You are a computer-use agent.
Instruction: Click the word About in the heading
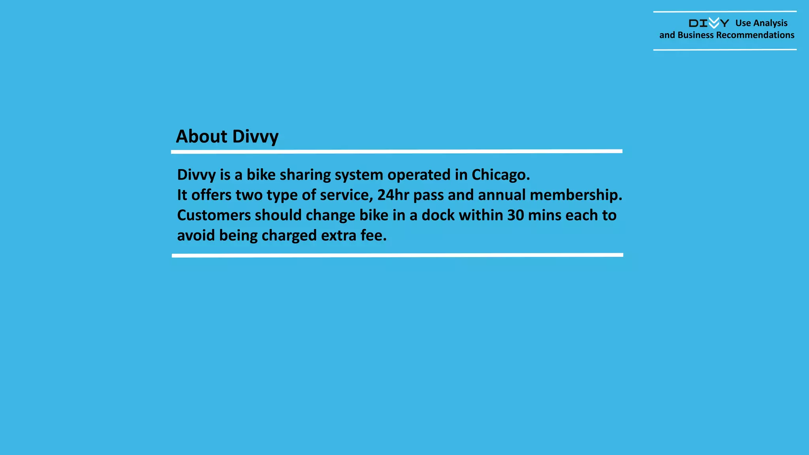pyautogui.click(x=201, y=137)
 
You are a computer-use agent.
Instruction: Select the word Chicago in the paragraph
pyautogui.click(x=500, y=175)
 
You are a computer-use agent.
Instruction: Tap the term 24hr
pyautogui.click(x=393, y=195)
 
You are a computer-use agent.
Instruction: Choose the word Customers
pyautogui.click(x=214, y=215)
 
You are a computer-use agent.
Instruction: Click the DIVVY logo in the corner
pyautogui.click(x=709, y=23)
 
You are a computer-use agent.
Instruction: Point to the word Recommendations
pyautogui.click(x=755, y=35)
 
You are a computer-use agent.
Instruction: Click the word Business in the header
pyautogui.click(x=695, y=35)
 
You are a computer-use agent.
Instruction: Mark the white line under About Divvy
pyautogui.click(x=397, y=151)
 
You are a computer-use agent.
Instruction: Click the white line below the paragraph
pyautogui.click(x=397, y=255)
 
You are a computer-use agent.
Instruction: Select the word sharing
pyautogui.click(x=305, y=175)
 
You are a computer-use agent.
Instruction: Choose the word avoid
pyautogui.click(x=196, y=235)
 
